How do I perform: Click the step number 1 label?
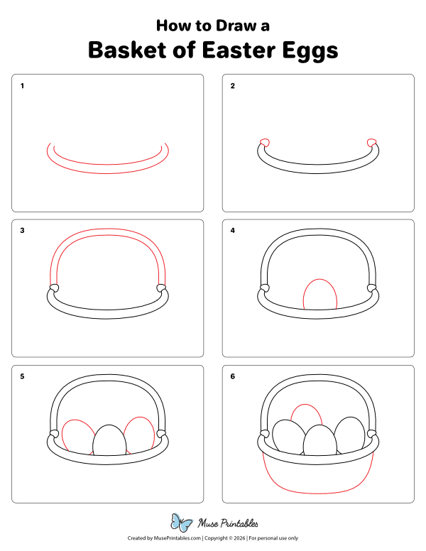tap(23, 86)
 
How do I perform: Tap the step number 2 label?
tap(232, 86)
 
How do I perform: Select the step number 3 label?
tap(23, 231)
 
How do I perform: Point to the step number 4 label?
tap(232, 231)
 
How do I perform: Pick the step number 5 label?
tap(23, 376)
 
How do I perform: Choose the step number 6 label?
tap(232, 376)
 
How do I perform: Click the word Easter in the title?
tap(244, 50)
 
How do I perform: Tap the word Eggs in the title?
tap(311, 51)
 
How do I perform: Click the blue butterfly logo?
tap(182, 523)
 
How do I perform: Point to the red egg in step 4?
tap(319, 295)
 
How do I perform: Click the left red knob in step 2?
tap(265, 142)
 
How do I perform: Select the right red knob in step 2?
tap(371, 142)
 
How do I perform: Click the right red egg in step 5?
tap(138, 433)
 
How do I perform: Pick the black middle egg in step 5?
tap(109, 440)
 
